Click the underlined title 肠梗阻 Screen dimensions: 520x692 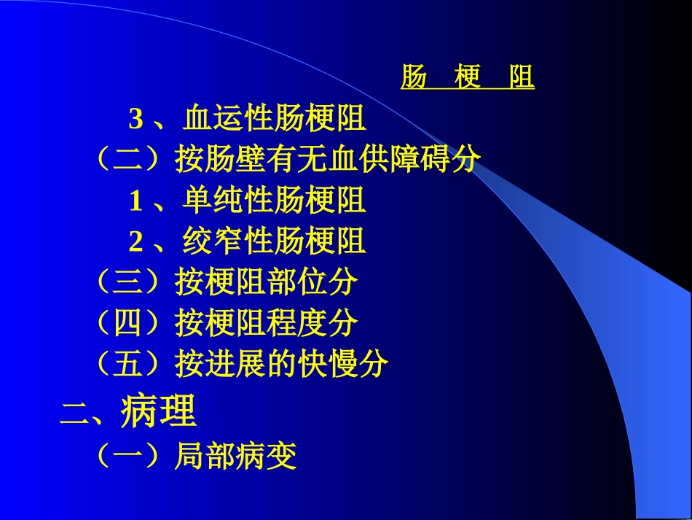coord(467,77)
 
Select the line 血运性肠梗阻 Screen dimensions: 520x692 coord(275,117)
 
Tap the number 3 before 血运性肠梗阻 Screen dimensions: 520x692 coord(135,118)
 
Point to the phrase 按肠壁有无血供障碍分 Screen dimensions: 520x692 coord(328,159)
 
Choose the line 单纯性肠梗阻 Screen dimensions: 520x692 coord(275,200)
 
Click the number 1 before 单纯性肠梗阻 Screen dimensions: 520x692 coord(135,201)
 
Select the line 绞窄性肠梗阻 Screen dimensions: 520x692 coord(275,241)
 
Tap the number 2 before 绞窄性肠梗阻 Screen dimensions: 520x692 coord(135,241)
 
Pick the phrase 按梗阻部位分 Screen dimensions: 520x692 coord(267,282)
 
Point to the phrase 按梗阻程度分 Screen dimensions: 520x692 coord(267,323)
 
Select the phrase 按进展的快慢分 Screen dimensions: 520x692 coord(282,364)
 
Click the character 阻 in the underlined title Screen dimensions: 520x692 coord(522,77)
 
